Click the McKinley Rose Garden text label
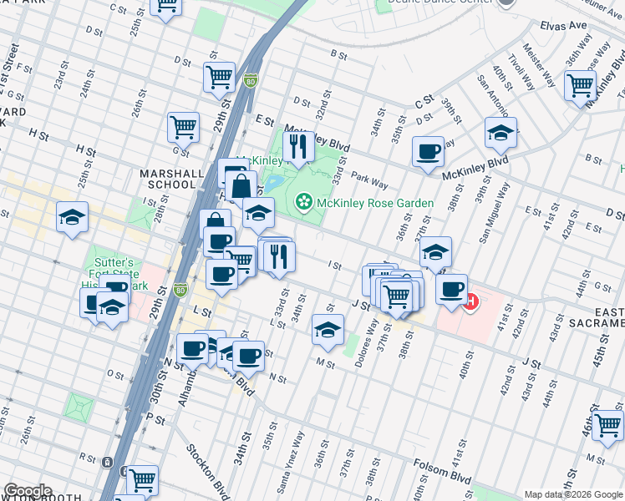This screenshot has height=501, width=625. pyautogui.click(x=375, y=203)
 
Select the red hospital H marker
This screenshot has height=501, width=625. pyautogui.click(x=470, y=301)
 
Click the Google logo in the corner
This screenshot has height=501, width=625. pyautogui.click(x=27, y=491)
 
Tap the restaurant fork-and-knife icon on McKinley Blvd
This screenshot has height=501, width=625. pyautogui.click(x=298, y=147)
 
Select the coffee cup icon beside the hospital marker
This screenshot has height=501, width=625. pyautogui.click(x=451, y=289)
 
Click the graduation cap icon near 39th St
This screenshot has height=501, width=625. pyautogui.click(x=501, y=133)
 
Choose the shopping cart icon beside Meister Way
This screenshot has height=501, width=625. pyautogui.click(x=580, y=84)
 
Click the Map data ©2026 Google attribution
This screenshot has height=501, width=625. pyautogui.click(x=573, y=494)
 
